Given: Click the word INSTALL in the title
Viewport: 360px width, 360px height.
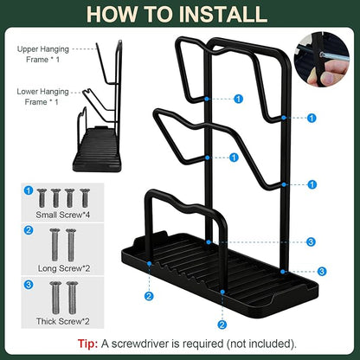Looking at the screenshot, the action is pyautogui.click(x=222, y=14).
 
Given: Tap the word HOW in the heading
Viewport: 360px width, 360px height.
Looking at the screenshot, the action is pyautogui.click(x=112, y=14).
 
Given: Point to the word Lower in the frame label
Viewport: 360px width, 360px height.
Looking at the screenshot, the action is pyautogui.click(x=27, y=92).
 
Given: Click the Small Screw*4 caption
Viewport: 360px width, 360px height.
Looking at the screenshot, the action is pyautogui.click(x=62, y=215).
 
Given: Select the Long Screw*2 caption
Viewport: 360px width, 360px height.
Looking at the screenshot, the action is pyautogui.click(x=64, y=268).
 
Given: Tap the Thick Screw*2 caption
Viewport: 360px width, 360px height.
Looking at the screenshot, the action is pyautogui.click(x=62, y=321).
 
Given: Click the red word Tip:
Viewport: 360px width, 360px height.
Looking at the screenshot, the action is pyautogui.click(x=87, y=344).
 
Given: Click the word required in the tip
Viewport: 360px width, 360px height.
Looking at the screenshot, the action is pyautogui.click(x=202, y=344).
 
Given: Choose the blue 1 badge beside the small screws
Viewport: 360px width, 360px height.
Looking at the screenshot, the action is pyautogui.click(x=29, y=190).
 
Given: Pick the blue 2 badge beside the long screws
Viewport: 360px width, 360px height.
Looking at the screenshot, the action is pyautogui.click(x=29, y=230).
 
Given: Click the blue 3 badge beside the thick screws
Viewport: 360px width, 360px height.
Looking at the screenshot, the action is pyautogui.click(x=29, y=285).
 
